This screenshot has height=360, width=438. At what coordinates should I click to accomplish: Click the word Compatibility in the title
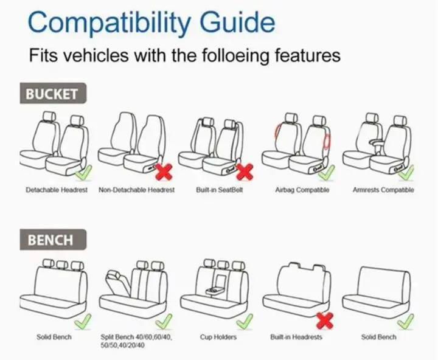pyautogui.click(x=109, y=23)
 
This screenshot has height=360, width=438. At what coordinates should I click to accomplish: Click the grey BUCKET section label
pyautogui.click(x=53, y=93)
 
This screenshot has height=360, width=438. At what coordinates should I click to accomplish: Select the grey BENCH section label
pyautogui.click(x=53, y=240)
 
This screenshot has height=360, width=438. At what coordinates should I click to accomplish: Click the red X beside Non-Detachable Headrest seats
pyautogui.click(x=164, y=171)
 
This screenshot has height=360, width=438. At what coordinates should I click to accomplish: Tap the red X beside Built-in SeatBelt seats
pyautogui.click(x=245, y=171)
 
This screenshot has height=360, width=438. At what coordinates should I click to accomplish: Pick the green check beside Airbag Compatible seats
pyautogui.click(x=327, y=173)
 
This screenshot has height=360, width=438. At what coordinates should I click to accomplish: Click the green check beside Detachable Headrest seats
pyautogui.click(x=84, y=173)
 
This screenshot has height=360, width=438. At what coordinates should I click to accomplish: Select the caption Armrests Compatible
pyautogui.click(x=383, y=190)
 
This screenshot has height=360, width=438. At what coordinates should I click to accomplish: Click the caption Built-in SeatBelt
pyautogui.click(x=219, y=190)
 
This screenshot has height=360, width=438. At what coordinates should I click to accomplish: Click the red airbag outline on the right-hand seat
pyautogui.click(x=327, y=140)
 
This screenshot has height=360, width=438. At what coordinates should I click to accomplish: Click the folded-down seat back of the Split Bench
pyautogui.click(x=117, y=283)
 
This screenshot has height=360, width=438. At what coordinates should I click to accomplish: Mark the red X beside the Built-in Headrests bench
pyautogui.click(x=325, y=320)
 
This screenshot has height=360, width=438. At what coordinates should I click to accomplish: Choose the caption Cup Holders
pyautogui.click(x=218, y=337)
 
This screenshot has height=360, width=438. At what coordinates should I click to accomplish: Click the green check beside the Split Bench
pyautogui.click(x=164, y=321)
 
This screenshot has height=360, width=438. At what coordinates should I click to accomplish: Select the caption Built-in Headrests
pyautogui.click(x=296, y=337)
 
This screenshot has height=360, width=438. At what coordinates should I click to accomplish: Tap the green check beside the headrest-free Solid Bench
pyautogui.click(x=406, y=321)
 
